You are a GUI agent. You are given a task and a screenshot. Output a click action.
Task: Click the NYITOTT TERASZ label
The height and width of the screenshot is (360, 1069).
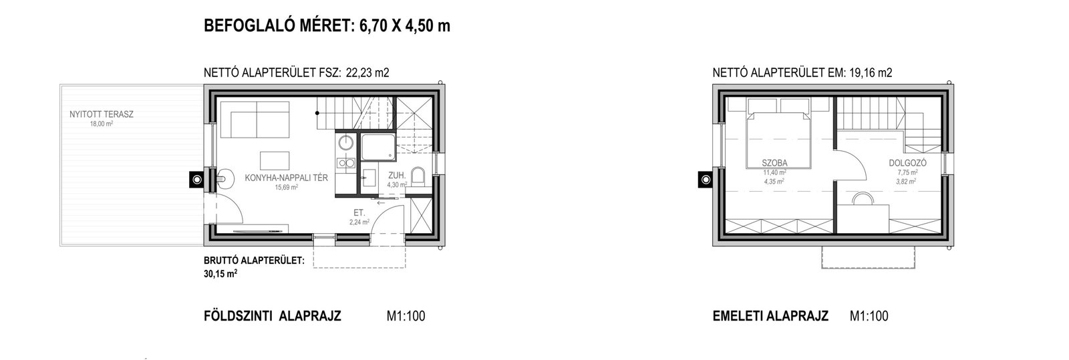tap(101, 114)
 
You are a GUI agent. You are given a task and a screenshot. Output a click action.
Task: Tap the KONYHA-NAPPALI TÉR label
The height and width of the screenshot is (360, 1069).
tap(287, 178)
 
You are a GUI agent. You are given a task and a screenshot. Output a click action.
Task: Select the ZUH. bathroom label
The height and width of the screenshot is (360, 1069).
tap(397, 176)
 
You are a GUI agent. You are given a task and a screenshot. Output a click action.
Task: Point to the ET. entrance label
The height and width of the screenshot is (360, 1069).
tap(359, 213)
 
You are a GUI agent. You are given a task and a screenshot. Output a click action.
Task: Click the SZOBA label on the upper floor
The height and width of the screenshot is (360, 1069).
tap(774, 163)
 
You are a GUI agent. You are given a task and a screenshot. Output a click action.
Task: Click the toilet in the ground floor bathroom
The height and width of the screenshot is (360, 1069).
tap(418, 176)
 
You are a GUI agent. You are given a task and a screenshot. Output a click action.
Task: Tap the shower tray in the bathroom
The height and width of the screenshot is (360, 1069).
tap(378, 147)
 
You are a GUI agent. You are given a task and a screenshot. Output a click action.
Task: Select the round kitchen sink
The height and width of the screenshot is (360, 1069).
tap(345, 142)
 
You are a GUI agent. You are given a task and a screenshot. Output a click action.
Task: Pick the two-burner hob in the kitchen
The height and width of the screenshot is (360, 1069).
tap(346, 164)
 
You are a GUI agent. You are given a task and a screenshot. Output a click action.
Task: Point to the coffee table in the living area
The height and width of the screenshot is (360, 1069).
tap(275, 161)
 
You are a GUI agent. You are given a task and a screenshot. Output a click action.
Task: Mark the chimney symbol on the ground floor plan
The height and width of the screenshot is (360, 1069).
tap(196, 180)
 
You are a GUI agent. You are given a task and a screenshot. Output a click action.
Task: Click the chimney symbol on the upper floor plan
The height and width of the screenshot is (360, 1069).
tap(706, 180)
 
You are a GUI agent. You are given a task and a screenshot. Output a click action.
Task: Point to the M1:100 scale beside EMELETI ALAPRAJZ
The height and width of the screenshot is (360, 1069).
tap(869, 316)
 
